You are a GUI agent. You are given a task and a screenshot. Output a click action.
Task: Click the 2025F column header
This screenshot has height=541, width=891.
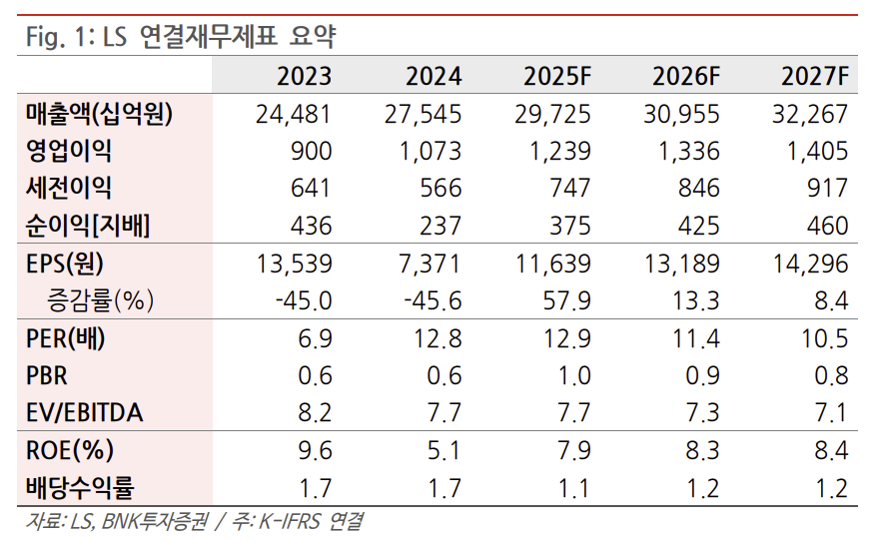(556, 76)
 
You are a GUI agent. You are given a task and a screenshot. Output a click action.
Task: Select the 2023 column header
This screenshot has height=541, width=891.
(304, 76)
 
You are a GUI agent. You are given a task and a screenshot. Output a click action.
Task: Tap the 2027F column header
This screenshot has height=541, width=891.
(815, 76)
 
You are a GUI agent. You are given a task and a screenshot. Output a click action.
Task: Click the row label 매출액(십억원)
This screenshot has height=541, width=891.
(99, 114)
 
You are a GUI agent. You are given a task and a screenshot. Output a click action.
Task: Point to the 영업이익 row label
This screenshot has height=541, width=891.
(69, 151)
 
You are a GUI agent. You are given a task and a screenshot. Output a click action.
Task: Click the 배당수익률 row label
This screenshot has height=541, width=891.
(79, 488)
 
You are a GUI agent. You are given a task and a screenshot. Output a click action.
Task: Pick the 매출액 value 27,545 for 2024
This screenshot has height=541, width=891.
(423, 114)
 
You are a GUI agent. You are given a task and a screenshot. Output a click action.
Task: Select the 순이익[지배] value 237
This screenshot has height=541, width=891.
(441, 226)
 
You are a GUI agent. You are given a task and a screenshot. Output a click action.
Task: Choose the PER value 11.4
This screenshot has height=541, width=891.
(696, 338)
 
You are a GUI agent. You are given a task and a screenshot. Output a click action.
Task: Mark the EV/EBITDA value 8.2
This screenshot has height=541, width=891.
(312, 413)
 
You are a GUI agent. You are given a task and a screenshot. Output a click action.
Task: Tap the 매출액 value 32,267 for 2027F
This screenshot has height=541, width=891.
(809, 114)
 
